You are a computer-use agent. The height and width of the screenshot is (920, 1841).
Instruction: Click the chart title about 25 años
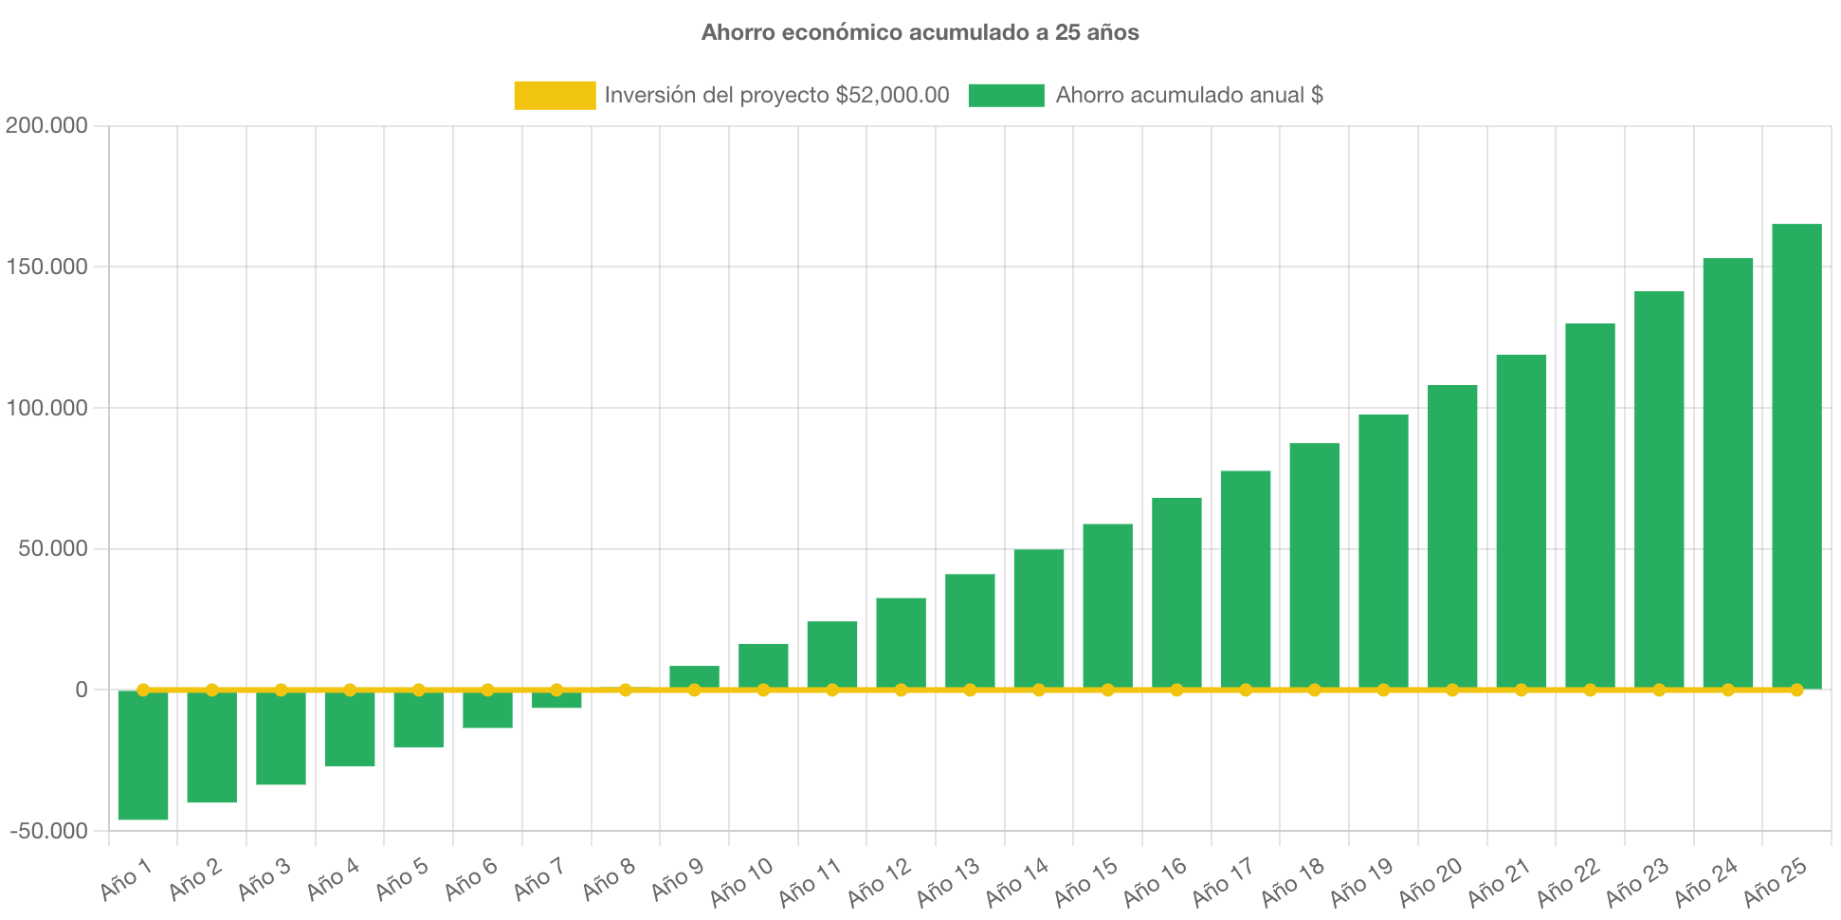point(920,32)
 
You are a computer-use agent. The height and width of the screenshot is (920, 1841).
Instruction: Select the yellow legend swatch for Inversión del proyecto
point(555,95)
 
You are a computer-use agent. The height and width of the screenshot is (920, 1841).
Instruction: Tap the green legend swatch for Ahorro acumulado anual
point(1006,95)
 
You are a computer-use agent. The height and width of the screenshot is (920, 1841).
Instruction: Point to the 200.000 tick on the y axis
point(46,125)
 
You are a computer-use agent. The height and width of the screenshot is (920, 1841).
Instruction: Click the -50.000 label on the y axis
point(49,831)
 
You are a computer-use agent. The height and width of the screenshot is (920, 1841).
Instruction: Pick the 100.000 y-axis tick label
point(46,408)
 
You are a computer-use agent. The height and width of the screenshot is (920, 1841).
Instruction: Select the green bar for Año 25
point(1796,455)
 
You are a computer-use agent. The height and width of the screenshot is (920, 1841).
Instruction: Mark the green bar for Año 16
point(1176,593)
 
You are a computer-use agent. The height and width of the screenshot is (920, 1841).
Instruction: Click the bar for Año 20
point(1452,536)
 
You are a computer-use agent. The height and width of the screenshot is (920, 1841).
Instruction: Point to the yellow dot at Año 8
point(626,690)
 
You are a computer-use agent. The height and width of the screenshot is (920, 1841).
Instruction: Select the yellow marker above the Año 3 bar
point(281,690)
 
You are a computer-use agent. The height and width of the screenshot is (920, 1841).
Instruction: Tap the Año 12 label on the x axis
point(880,880)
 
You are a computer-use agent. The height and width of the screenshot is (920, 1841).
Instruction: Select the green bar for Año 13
point(970,631)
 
